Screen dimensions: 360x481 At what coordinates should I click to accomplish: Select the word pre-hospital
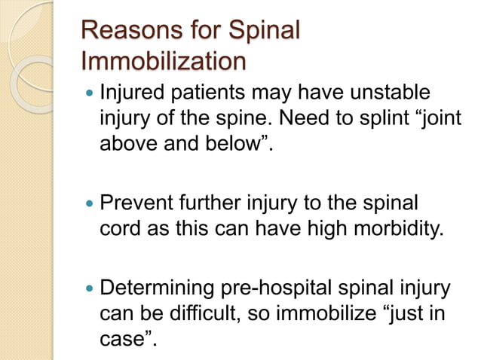pyautogui.click(x=276, y=288)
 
